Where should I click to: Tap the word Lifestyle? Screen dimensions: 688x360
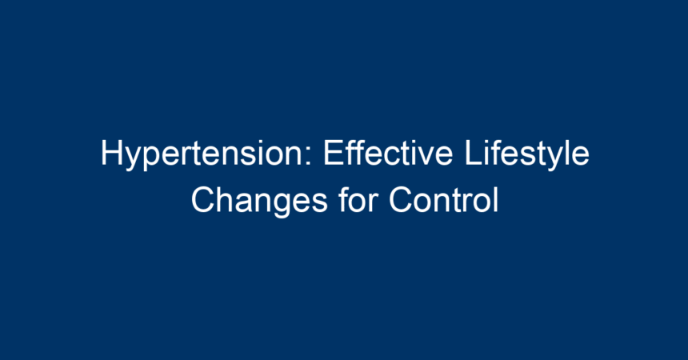point(526,154)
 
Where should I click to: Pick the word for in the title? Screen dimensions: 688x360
point(358,199)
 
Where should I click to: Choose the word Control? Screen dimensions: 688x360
point(444,200)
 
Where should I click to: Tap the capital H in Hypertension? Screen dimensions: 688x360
point(111,153)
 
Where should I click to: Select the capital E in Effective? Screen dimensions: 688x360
point(333,153)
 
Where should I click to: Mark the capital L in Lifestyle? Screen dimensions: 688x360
point(473,153)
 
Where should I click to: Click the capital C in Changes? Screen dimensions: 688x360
point(203,200)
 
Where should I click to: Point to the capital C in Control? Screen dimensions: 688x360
point(402,200)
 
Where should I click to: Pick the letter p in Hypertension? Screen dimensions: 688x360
point(153,159)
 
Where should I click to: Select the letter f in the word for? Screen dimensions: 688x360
point(344,199)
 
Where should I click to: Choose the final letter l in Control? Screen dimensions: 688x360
point(496,200)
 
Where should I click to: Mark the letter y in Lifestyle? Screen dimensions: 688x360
point(554,159)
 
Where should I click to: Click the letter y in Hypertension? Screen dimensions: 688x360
point(134,159)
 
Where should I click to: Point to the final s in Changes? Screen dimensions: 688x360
point(319,204)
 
